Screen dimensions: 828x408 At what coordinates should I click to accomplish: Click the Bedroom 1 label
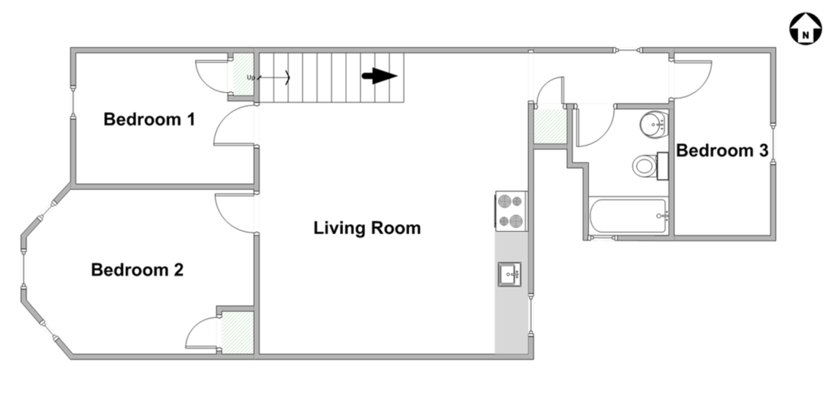click(149, 119)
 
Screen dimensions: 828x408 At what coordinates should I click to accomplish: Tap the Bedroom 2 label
click(138, 270)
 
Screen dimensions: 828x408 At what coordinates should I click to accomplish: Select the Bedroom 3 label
click(722, 151)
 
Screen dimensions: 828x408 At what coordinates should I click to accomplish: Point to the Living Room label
click(367, 228)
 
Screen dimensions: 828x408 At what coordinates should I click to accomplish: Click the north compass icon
click(805, 29)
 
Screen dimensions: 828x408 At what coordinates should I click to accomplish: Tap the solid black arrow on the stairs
click(379, 76)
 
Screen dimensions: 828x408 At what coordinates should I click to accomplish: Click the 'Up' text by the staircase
click(251, 78)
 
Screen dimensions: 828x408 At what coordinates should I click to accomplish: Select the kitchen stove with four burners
click(511, 211)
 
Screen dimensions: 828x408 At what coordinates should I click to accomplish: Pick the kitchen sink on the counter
click(510, 274)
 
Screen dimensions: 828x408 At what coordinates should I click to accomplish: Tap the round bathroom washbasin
click(653, 124)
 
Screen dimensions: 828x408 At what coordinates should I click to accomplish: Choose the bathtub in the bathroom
click(629, 216)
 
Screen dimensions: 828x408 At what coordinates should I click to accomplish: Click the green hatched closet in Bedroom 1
click(244, 74)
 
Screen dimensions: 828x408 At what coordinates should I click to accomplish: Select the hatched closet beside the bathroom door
click(550, 126)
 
